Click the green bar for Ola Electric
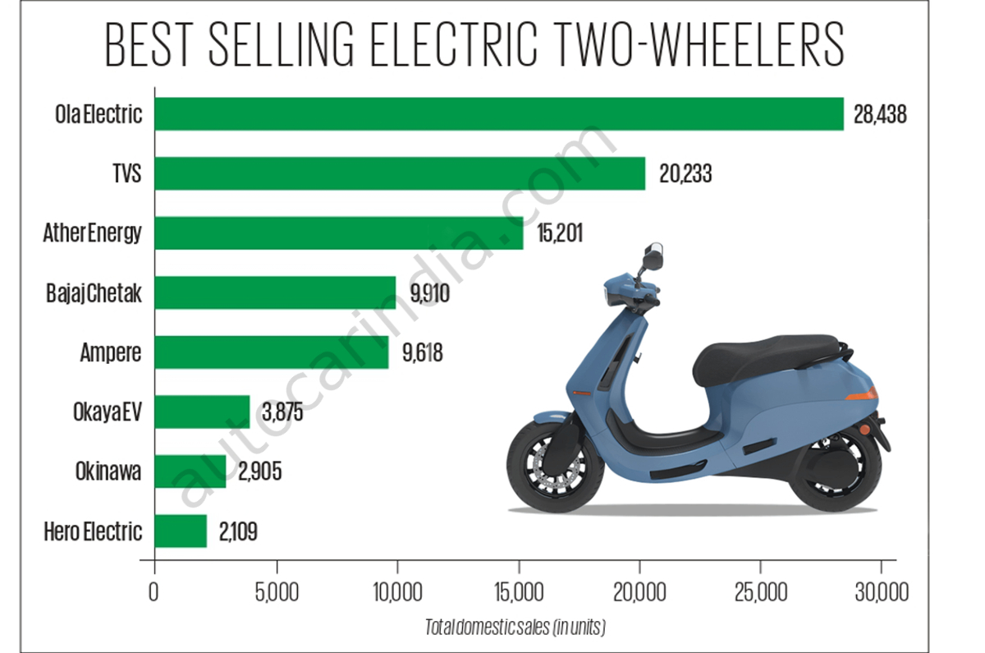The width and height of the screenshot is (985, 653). (498, 113)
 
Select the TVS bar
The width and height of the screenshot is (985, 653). (399, 173)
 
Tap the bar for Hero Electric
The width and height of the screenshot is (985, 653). (180, 531)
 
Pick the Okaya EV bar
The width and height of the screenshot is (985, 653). (201, 412)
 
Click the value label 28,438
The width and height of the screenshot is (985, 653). (880, 114)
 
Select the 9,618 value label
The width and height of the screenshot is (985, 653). (422, 352)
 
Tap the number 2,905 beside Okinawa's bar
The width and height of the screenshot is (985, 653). (259, 471)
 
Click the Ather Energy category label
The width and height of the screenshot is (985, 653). (92, 233)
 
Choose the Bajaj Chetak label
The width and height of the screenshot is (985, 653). (94, 293)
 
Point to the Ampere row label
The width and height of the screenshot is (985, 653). (111, 353)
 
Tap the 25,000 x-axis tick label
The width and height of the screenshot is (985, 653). (760, 593)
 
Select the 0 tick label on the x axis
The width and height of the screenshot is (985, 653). (153, 593)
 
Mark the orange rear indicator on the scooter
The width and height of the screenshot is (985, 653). (862, 396)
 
